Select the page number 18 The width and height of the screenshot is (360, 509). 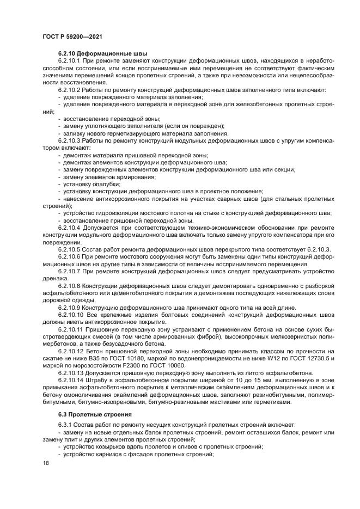[x=45, y=463]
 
